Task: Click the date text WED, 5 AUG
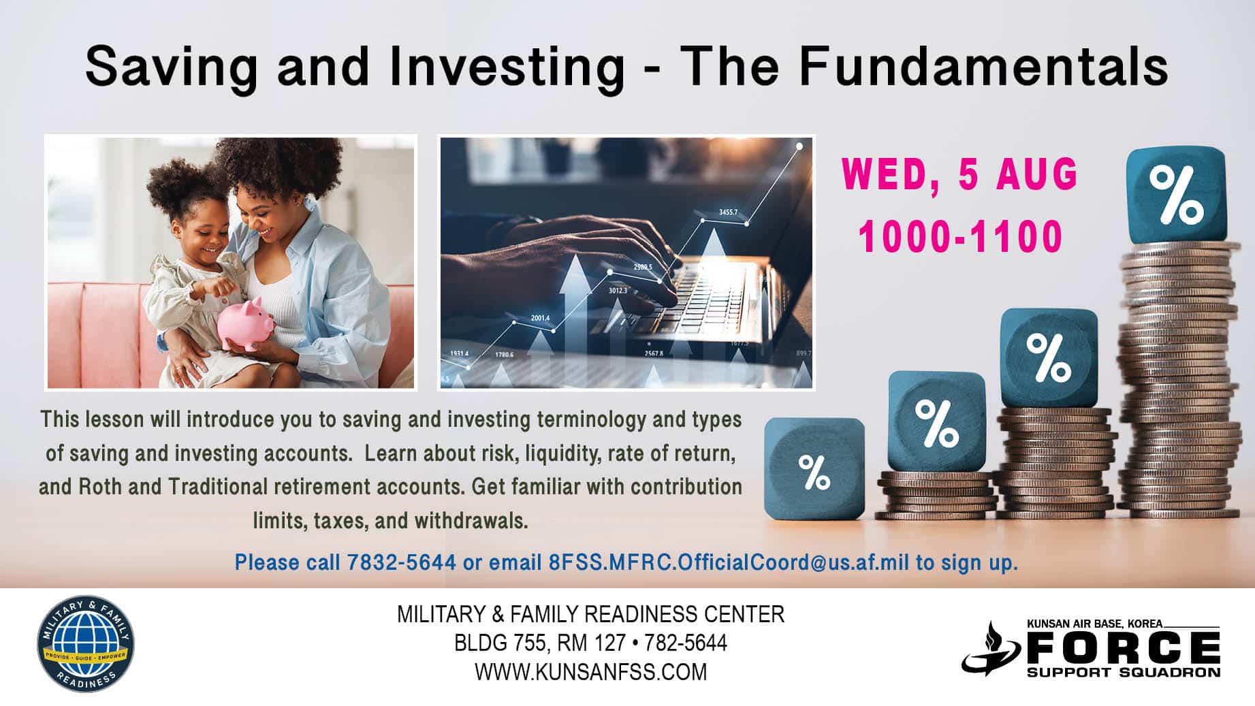[959, 174]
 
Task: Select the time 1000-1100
[960, 237]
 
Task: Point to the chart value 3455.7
[728, 212]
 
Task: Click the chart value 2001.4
[540, 318]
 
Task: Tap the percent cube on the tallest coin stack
[1175, 195]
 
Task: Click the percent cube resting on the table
[814, 468]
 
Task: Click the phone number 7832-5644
[401, 562]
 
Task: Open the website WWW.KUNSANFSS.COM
[591, 672]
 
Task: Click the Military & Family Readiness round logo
[85, 645]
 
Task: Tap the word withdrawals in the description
[471, 521]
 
